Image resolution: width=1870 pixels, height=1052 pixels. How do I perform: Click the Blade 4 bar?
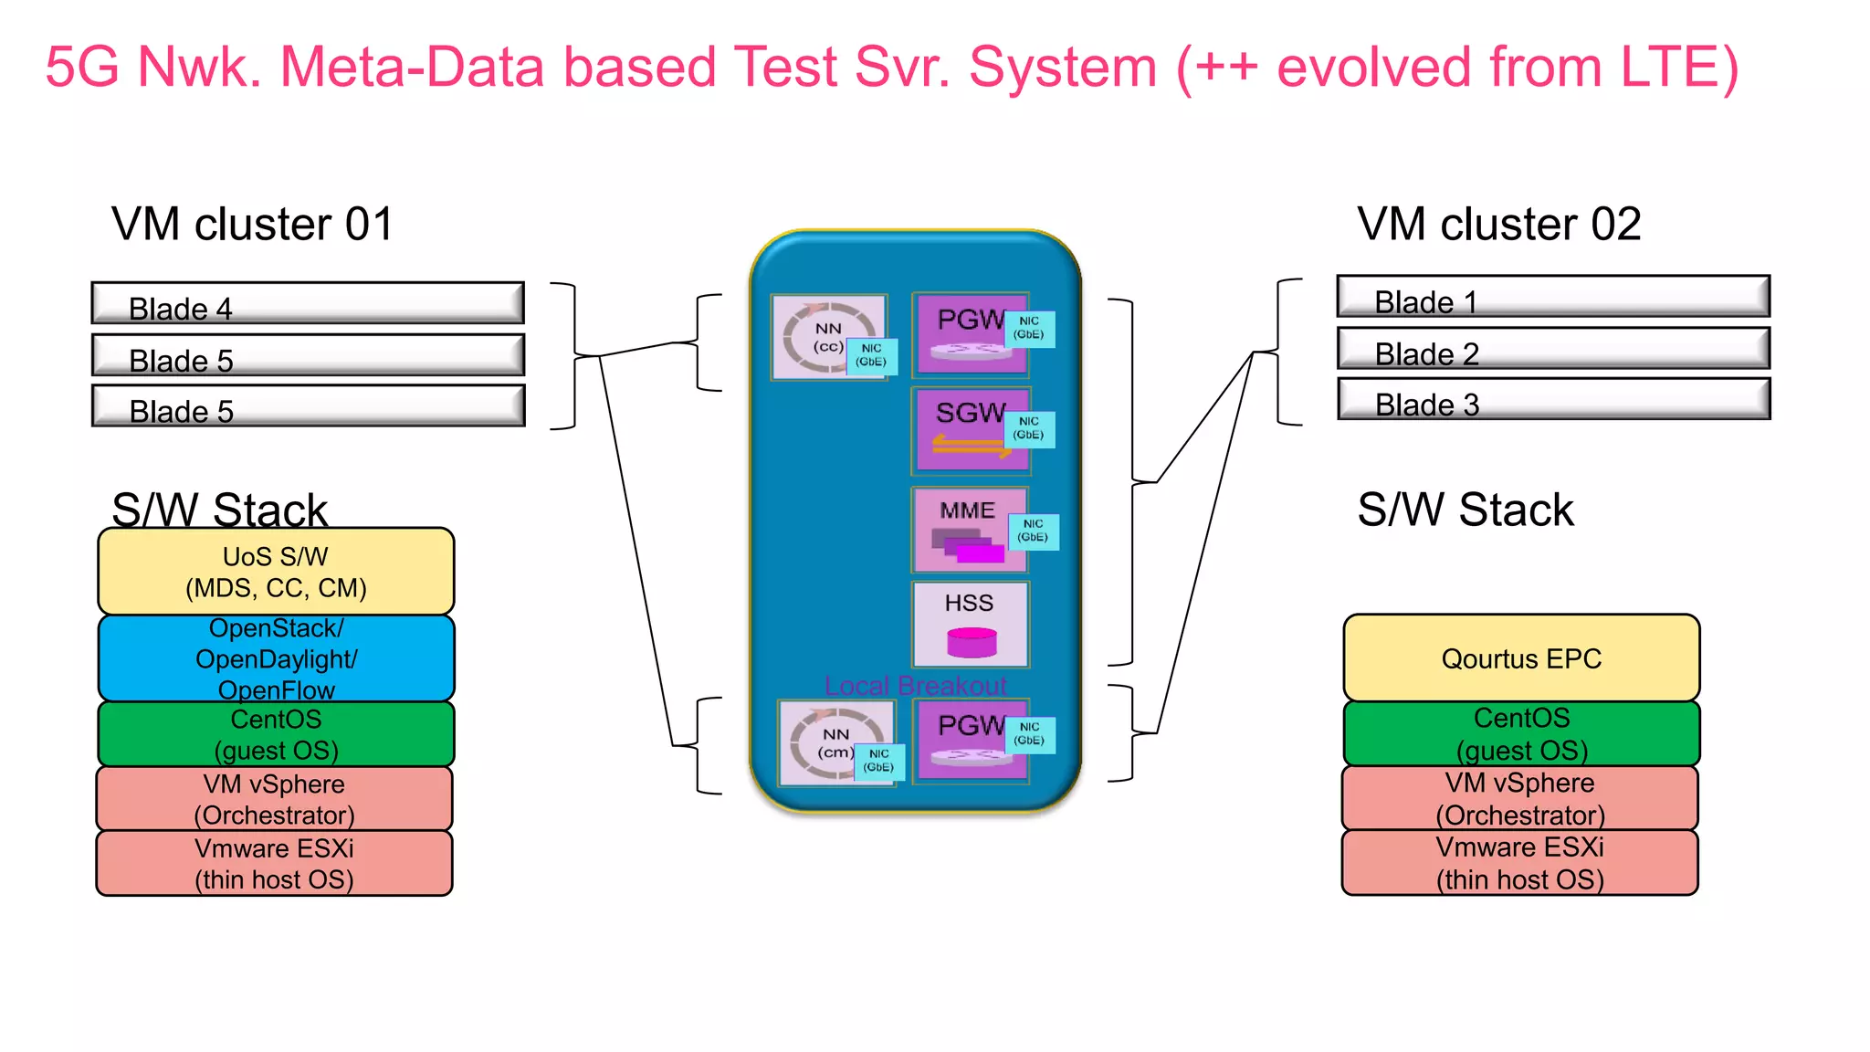[308, 303]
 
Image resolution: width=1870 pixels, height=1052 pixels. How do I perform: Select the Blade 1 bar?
[1553, 297]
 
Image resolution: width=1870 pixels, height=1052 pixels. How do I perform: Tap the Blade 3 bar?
[1553, 399]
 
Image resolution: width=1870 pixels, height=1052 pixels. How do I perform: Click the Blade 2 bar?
[1553, 348]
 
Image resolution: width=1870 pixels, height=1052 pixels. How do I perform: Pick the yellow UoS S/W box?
[276, 572]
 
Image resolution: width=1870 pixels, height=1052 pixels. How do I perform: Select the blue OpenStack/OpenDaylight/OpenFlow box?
[276, 658]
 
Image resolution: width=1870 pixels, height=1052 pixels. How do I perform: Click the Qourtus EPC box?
[1521, 658]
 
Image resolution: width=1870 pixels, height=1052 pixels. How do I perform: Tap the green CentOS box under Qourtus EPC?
[1521, 733]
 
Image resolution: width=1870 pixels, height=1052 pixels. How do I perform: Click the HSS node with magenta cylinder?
[971, 625]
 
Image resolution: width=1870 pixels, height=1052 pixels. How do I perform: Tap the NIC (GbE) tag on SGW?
[1030, 429]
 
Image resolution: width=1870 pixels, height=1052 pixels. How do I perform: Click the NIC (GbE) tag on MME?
[1034, 531]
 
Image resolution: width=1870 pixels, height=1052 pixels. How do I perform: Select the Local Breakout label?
[915, 686]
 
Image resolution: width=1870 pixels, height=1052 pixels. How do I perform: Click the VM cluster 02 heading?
[1498, 225]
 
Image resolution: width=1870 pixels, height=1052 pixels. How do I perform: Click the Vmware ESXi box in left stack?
[274, 863]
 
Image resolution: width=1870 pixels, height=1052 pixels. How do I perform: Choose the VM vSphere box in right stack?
[1520, 798]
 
